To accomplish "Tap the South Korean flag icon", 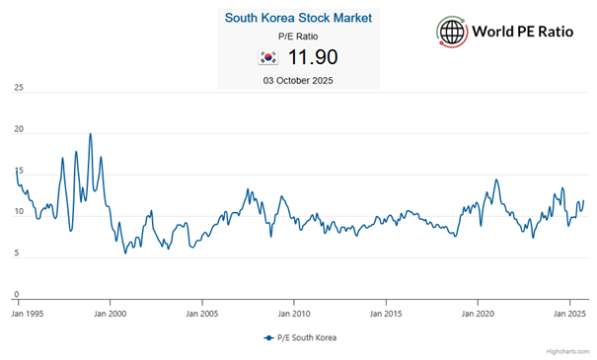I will coord(266,58).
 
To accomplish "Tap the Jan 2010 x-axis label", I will coord(294,314).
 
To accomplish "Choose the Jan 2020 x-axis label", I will coord(479,314).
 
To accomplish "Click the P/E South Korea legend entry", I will coord(300,337).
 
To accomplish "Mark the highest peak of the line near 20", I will coord(91,134).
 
